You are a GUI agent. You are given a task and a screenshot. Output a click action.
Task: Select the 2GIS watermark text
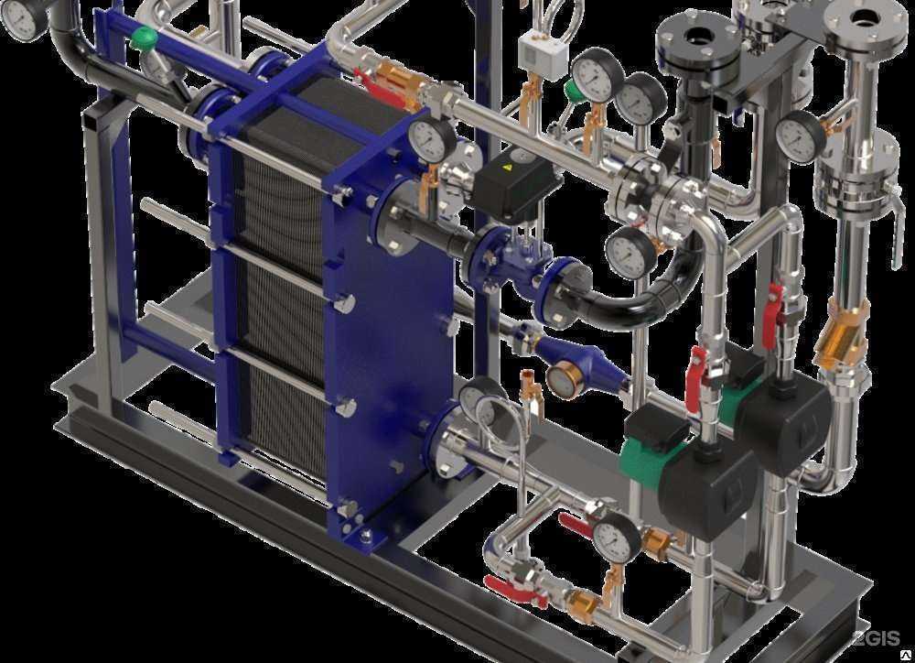[876, 638]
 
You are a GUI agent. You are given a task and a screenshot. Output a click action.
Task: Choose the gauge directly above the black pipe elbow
[630, 254]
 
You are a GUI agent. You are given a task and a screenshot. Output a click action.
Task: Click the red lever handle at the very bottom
[509, 586]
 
